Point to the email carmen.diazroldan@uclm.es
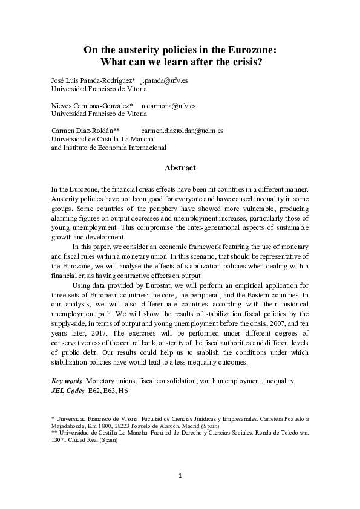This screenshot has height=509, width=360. click(x=182, y=130)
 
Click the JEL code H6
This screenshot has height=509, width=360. click(x=123, y=391)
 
